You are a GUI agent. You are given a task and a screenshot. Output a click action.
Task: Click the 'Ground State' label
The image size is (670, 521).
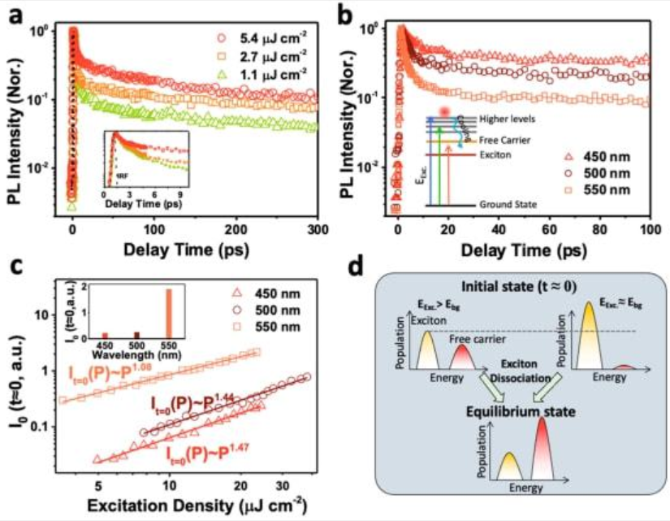[507, 205]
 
